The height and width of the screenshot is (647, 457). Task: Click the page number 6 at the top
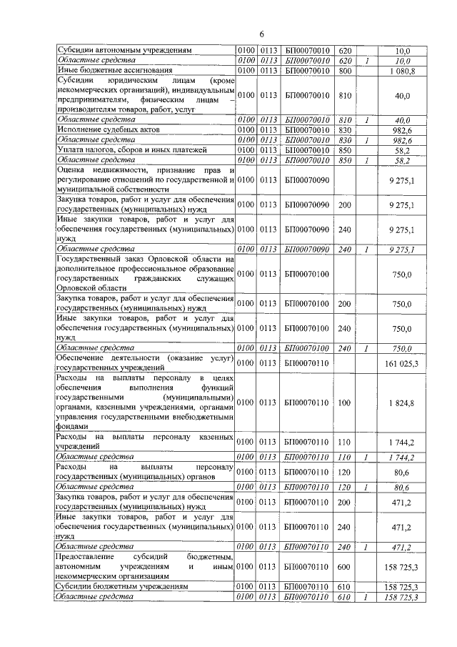261,34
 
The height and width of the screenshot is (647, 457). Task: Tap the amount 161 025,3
402,364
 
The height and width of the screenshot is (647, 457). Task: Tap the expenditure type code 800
346,71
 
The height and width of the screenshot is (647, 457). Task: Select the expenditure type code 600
346,567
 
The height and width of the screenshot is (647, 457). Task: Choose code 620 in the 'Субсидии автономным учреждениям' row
346,51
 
